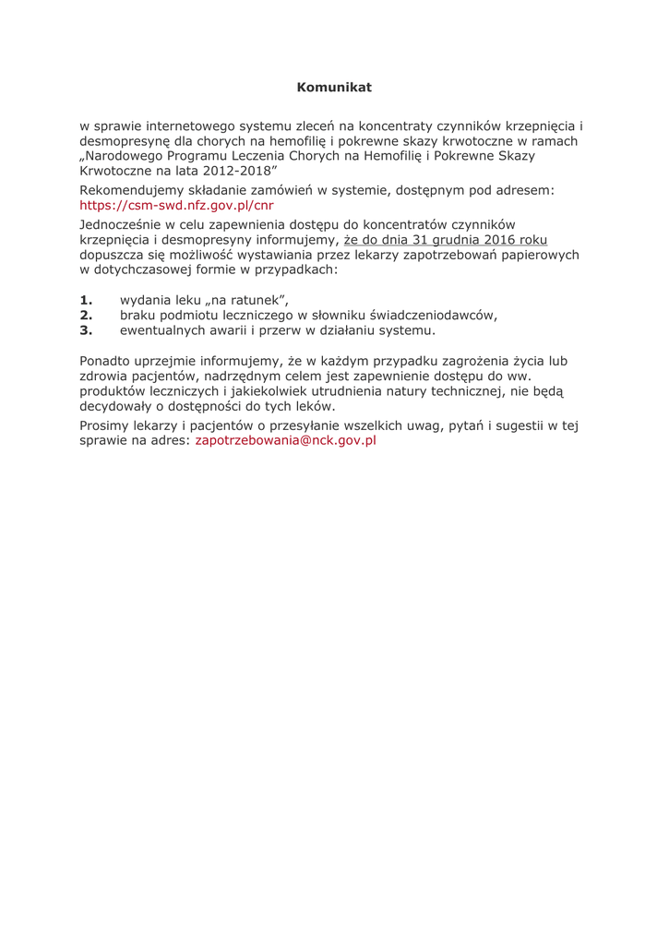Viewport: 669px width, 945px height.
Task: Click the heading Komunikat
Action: coord(334,87)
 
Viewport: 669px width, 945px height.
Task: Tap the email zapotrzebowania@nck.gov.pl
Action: coord(286,441)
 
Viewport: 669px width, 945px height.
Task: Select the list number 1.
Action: coord(87,299)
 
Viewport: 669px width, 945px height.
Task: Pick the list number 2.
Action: coord(87,315)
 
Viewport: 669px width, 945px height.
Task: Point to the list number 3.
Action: coord(87,330)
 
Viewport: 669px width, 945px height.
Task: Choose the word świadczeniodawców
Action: coord(432,315)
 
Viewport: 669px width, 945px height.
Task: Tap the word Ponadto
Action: coord(107,361)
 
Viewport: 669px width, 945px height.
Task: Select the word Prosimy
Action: coord(107,425)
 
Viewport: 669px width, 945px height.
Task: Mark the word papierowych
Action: coord(534,255)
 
